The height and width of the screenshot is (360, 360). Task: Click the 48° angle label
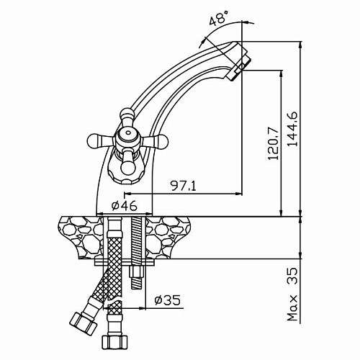coord(219,17)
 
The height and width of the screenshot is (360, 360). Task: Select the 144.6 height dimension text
coord(292,129)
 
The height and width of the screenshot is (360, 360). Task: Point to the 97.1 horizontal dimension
coord(183,186)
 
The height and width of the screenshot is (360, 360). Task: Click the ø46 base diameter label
coord(125,206)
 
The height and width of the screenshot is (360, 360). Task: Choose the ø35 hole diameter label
coord(168,300)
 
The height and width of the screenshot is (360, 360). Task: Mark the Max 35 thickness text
coord(292,294)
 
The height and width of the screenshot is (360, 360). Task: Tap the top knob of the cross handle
coord(127,116)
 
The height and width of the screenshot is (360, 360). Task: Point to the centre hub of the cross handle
coord(127,138)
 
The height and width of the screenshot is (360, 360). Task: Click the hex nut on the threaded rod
coord(136,271)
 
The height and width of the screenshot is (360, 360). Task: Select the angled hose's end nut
coord(83,322)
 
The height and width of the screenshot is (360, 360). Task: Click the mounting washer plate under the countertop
coord(125,262)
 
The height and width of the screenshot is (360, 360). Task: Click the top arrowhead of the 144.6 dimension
coord(301,45)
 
